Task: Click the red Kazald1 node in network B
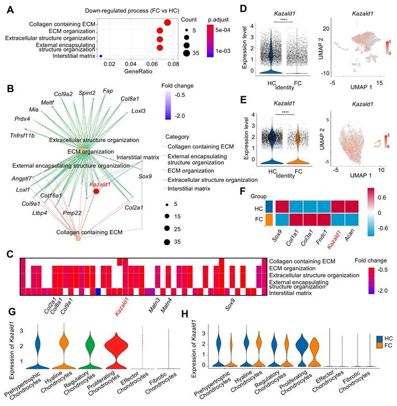[96, 192]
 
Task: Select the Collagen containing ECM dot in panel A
[167, 22]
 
